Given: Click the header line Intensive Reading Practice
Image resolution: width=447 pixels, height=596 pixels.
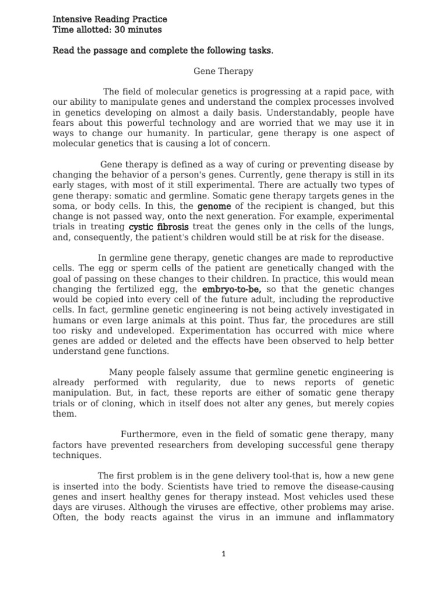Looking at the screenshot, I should [x=109, y=19].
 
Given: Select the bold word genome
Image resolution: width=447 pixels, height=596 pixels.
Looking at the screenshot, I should [x=214, y=207].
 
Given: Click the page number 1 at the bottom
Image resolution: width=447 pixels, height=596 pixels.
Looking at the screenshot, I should [x=223, y=554].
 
